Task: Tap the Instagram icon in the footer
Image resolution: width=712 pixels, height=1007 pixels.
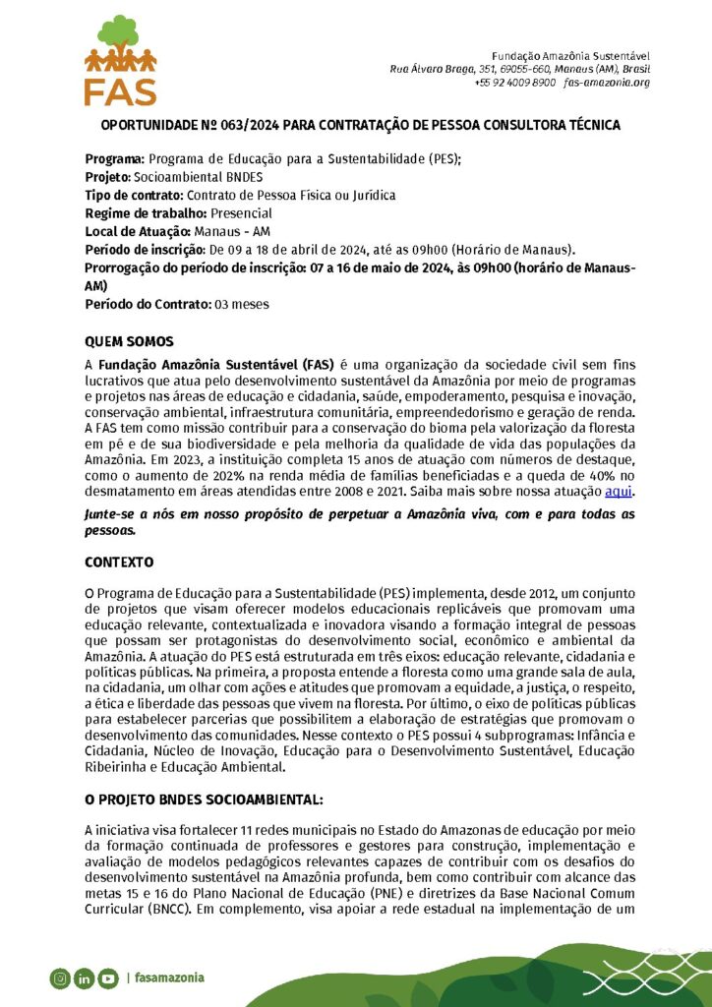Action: click(x=60, y=977)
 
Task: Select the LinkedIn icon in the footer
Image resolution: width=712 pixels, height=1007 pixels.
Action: click(x=84, y=977)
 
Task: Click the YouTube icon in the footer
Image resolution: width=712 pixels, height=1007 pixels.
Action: click(x=108, y=977)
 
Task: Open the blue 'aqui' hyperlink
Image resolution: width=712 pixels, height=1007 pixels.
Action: click(x=619, y=492)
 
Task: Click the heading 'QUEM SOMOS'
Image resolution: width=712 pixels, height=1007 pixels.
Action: click(x=129, y=342)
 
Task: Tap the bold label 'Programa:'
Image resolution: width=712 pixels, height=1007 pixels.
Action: click(x=115, y=158)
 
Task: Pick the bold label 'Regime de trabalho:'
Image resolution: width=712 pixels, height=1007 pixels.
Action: click(x=146, y=213)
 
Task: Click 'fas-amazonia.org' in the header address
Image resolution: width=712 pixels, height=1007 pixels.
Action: click(x=607, y=83)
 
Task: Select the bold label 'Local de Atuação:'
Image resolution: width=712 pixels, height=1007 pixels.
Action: click(x=139, y=232)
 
